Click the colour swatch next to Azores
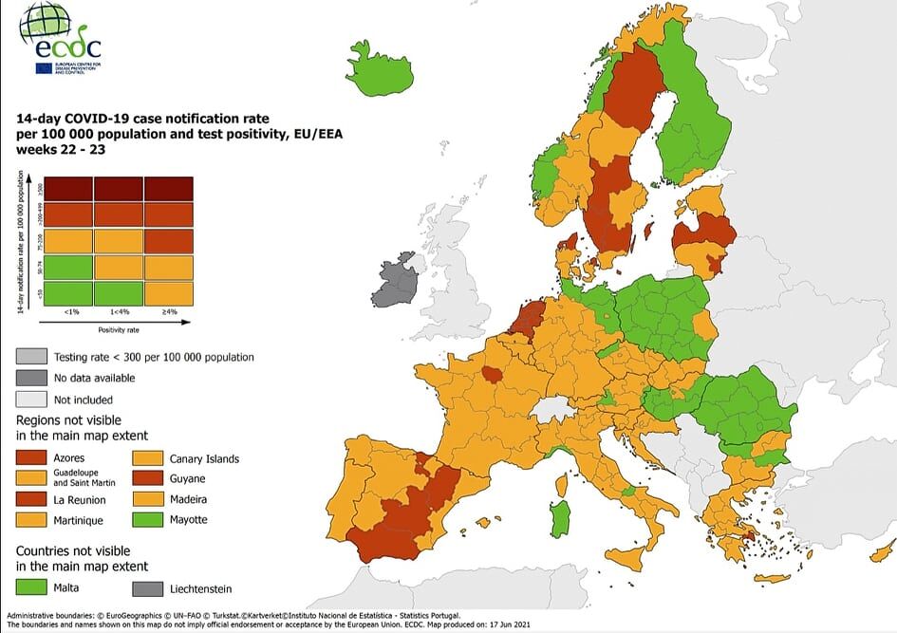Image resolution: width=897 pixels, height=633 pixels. click(x=32, y=458)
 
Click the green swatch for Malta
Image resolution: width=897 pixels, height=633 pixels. click(x=32, y=588)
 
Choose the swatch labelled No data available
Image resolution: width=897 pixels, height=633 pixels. click(x=32, y=378)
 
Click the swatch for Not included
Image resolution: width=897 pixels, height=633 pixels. click(x=32, y=400)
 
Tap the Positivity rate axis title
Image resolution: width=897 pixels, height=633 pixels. click(x=118, y=329)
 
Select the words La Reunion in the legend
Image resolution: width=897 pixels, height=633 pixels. click(x=81, y=499)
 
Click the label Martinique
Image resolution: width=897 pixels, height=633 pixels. click(x=79, y=520)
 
